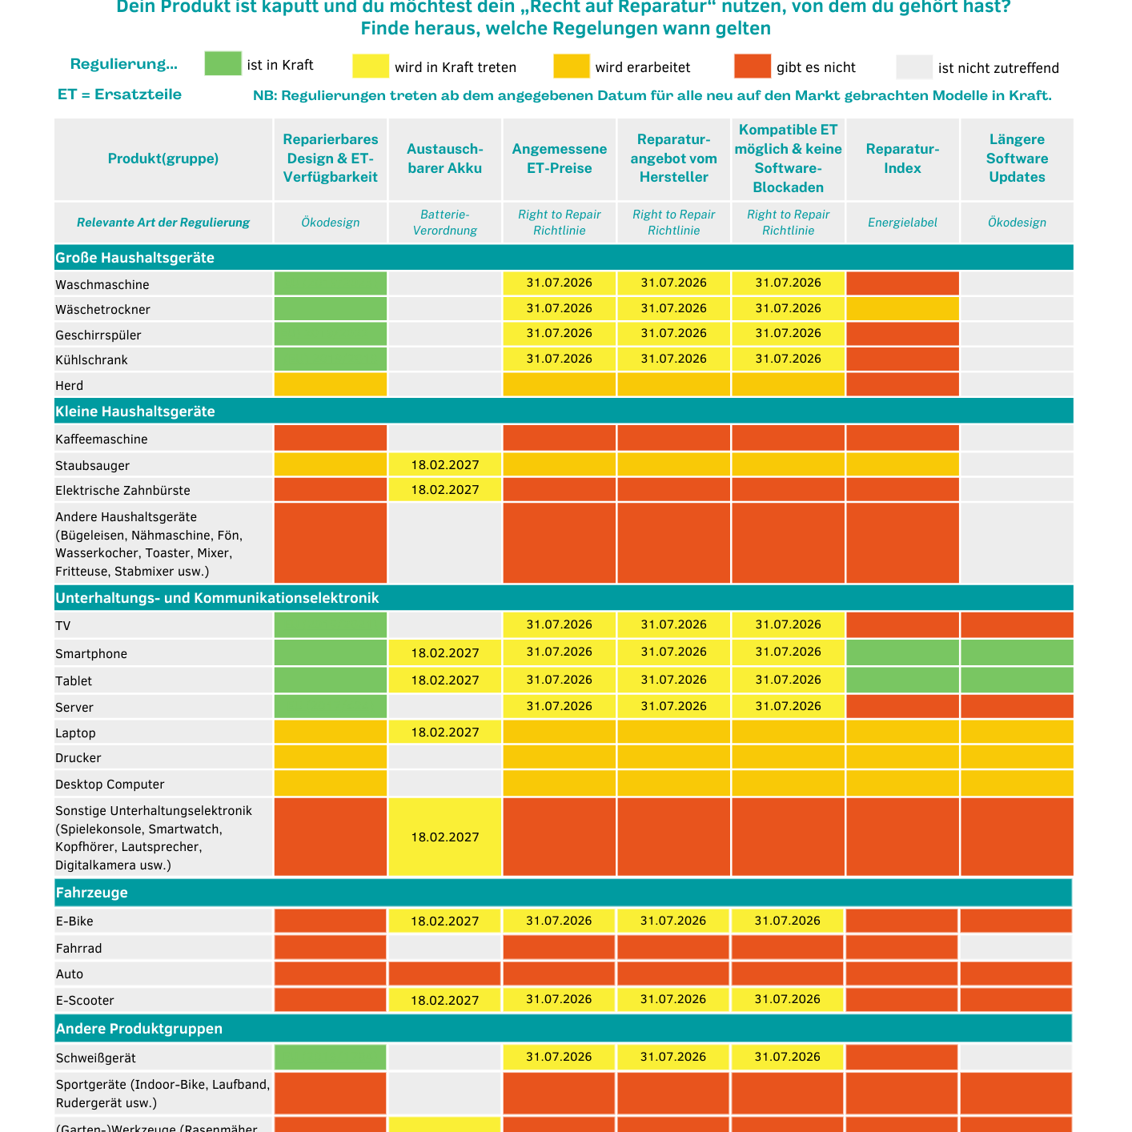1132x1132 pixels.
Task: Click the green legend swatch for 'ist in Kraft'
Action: coord(223,64)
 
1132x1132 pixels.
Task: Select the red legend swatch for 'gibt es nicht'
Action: coord(752,66)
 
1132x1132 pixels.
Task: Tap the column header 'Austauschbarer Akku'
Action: coord(445,159)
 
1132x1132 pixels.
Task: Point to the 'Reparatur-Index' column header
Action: coord(902,159)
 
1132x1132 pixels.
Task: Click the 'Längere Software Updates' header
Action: coord(1017,159)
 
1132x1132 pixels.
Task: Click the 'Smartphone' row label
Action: coord(91,654)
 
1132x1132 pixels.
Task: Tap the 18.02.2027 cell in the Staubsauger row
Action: coord(445,464)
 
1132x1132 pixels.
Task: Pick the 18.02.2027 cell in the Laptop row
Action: coord(445,733)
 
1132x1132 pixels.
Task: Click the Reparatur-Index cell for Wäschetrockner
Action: coord(902,308)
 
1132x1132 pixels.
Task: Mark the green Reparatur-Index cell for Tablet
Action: coord(902,680)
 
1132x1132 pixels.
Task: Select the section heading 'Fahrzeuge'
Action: coord(91,893)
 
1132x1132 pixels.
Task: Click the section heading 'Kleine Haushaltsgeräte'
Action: coord(135,411)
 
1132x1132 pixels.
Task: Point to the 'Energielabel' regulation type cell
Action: coord(902,223)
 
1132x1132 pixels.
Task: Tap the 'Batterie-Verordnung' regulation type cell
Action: coord(445,223)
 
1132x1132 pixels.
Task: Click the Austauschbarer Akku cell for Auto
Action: coord(445,973)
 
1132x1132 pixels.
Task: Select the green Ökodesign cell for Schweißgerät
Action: coord(330,1057)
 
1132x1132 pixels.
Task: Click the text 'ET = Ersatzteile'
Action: coord(119,94)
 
